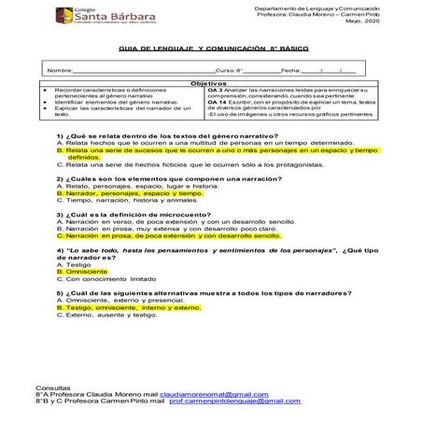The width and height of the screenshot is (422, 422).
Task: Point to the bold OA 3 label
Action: (x=213, y=90)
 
